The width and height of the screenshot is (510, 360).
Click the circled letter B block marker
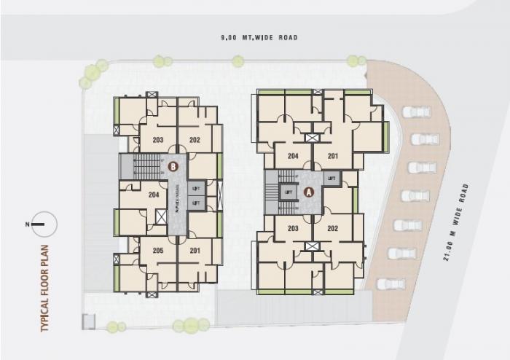pos(173,166)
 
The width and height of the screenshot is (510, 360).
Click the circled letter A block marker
pos(308,192)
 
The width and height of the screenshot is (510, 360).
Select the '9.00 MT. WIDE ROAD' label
pos(260,37)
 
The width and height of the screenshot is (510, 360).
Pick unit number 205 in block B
pos(158,251)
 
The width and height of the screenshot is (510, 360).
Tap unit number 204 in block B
pos(154,195)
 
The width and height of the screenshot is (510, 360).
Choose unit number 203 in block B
pos(158,139)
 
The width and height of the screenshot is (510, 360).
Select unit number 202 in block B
pos(195,139)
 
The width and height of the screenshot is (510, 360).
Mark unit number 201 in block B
pos(195,251)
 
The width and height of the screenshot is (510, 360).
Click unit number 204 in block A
pos(293,155)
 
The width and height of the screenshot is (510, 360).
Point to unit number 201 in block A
pos(332,155)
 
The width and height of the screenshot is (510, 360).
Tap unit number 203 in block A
pos(293,228)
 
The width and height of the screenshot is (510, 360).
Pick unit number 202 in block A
pos(332,228)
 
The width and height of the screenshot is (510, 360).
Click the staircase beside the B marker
pos(147,165)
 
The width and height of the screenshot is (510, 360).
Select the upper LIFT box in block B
pos(195,189)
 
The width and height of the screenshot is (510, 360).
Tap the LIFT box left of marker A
pos(289,192)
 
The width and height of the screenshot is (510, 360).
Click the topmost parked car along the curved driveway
pos(416,112)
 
